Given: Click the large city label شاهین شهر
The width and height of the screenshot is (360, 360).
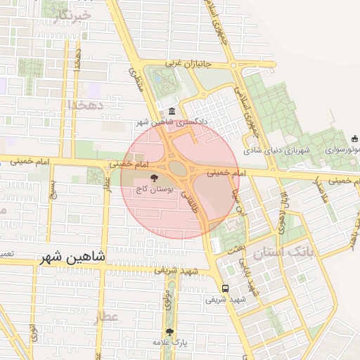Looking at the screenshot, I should tap(72, 258).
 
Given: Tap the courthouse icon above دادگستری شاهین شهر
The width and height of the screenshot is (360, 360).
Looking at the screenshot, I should tap(172, 112).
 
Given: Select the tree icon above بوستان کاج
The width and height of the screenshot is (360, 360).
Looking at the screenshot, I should tap(155, 179).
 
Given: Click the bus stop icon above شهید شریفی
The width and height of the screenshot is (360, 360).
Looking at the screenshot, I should tap(225, 288).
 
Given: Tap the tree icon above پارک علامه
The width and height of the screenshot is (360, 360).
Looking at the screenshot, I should tap(169, 331).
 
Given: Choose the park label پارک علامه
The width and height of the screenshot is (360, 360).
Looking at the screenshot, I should tap(168, 342).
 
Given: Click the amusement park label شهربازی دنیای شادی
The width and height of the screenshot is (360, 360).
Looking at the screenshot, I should tap(277, 150).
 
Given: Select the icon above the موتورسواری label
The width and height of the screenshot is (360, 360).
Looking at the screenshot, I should tap(355, 138).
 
